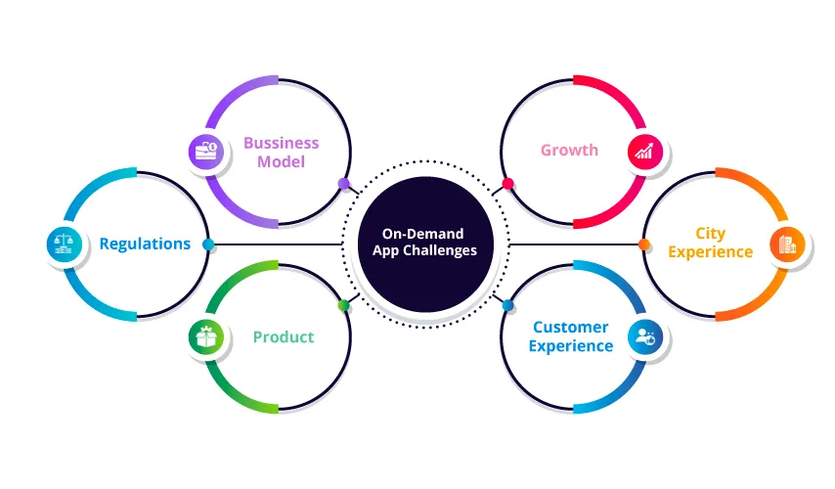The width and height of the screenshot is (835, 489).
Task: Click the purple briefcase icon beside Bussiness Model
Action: click(x=205, y=152)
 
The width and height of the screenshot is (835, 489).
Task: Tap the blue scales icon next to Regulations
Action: click(x=64, y=244)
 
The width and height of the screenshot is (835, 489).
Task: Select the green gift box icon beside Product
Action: click(x=205, y=337)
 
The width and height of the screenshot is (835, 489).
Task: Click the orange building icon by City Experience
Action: click(x=785, y=244)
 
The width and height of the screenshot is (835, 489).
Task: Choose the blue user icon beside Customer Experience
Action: click(x=645, y=336)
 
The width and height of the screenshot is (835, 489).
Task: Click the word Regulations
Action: click(x=145, y=244)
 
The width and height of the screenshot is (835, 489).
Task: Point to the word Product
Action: click(x=284, y=337)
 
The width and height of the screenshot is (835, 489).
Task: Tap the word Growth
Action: click(x=569, y=152)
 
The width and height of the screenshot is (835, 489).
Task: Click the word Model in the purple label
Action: click(x=282, y=161)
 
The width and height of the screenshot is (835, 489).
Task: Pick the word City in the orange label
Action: click(x=711, y=234)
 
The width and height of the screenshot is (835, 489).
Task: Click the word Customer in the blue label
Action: click(x=571, y=328)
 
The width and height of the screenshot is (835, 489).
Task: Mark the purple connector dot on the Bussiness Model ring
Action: click(x=343, y=183)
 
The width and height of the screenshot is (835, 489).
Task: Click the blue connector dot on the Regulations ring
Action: click(x=208, y=244)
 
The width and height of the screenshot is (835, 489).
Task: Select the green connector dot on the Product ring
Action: click(x=343, y=306)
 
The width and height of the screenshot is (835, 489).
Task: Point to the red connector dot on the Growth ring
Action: click(x=507, y=183)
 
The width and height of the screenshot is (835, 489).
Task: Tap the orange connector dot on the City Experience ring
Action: click(x=644, y=244)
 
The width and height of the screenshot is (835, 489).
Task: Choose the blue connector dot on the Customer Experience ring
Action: click(x=507, y=306)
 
